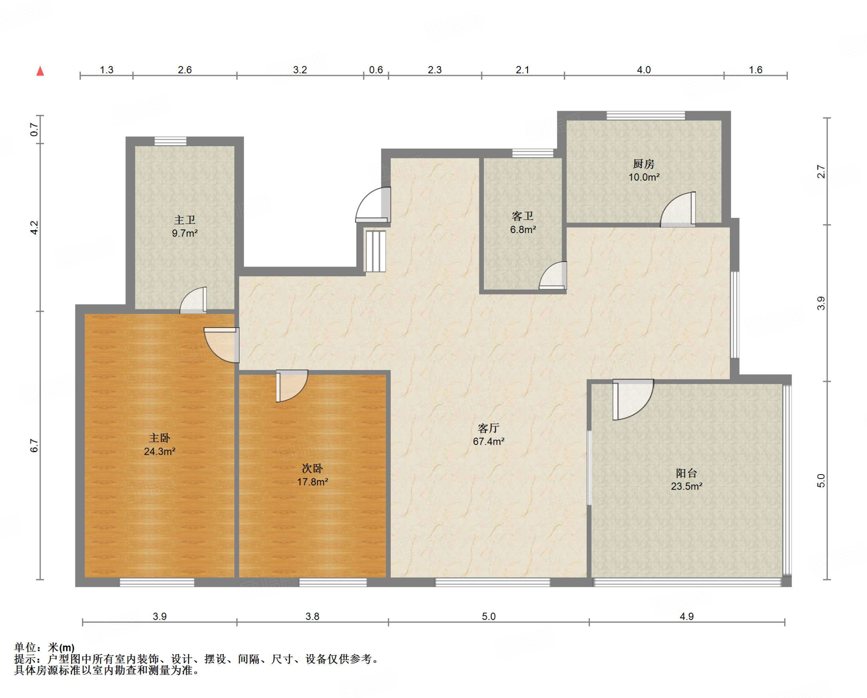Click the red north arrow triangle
pyautogui.click(x=40, y=71)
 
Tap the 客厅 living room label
pyautogui.click(x=489, y=428)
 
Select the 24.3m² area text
pyautogui.click(x=160, y=451)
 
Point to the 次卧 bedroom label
pyautogui.click(x=312, y=468)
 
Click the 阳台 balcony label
pyautogui.click(x=686, y=473)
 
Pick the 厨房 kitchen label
pyautogui.click(x=643, y=164)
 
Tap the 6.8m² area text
pyautogui.click(x=523, y=230)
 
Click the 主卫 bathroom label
pyautogui.click(x=185, y=220)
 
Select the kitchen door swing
pyautogui.click(x=678, y=209)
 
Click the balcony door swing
pyautogui.click(x=633, y=399)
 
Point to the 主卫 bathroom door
pyautogui.click(x=193, y=300)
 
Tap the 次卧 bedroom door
pyautogui.click(x=292, y=386)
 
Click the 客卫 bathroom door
pyautogui.click(x=553, y=275)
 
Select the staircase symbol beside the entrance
pyautogui.click(x=375, y=251)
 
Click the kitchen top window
pyautogui.click(x=646, y=115)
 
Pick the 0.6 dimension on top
pyautogui.click(x=376, y=70)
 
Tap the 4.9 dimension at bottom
pyautogui.click(x=687, y=616)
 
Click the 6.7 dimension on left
pyautogui.click(x=34, y=446)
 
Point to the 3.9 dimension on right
pyautogui.click(x=821, y=303)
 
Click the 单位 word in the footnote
pyautogui.click(x=25, y=647)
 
